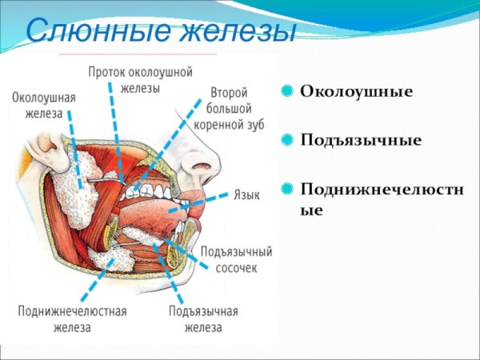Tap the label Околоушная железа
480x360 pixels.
[x=43, y=105]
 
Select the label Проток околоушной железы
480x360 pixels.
[x=140, y=79]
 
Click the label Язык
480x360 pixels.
[x=246, y=194]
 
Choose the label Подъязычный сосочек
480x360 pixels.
[x=236, y=259]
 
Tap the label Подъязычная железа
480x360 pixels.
[x=203, y=319]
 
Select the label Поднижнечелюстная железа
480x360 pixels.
[x=72, y=319]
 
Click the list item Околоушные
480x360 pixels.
[x=356, y=92]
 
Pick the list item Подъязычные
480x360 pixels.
[x=361, y=140]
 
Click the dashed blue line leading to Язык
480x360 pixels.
[x=212, y=199]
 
